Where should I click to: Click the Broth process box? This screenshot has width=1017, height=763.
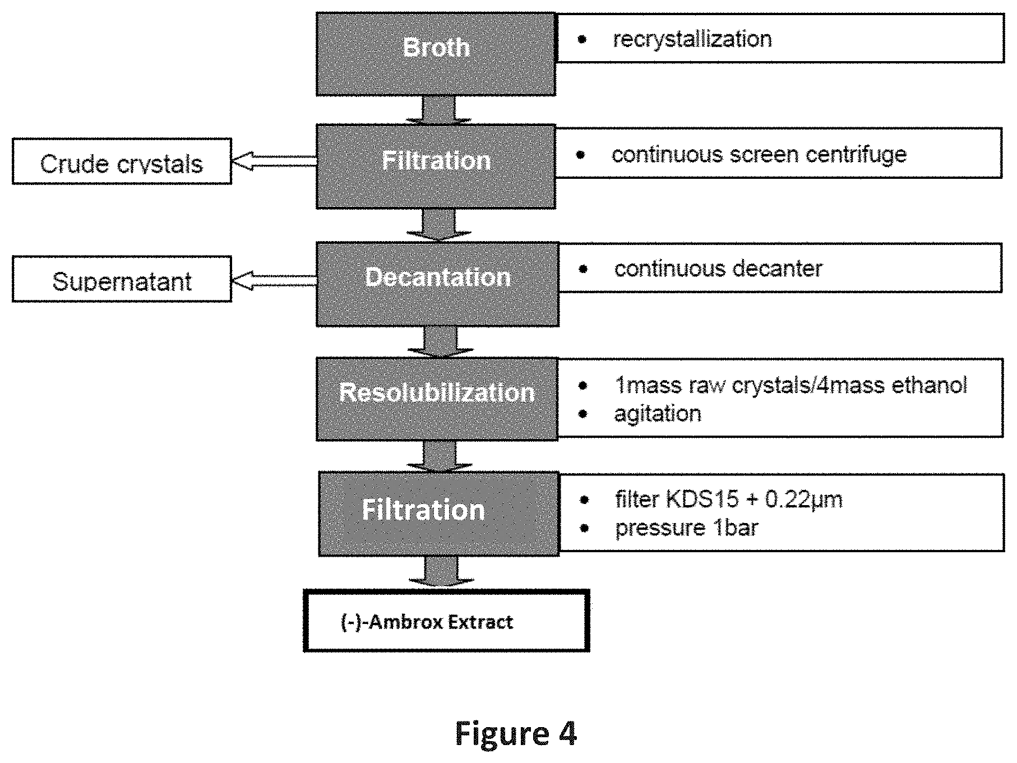(x=436, y=54)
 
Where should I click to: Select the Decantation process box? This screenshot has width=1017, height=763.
(x=437, y=284)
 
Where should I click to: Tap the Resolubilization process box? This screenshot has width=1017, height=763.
(x=437, y=399)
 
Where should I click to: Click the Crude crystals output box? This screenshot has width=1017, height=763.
(x=122, y=161)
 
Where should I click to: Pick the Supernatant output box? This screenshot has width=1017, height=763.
(x=122, y=279)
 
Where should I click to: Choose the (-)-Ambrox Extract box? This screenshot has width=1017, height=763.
(x=446, y=621)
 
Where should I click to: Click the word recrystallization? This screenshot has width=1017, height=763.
(x=692, y=39)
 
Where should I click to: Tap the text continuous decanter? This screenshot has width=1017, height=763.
(x=718, y=269)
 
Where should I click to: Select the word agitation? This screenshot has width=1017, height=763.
(x=658, y=414)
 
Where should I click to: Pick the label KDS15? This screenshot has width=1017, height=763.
(x=702, y=499)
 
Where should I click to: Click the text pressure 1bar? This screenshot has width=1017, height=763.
(x=687, y=528)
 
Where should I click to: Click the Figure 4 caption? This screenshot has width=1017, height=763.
(x=516, y=733)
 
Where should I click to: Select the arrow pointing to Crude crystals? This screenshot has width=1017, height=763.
(x=274, y=161)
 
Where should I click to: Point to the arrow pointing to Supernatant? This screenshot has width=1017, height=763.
(x=274, y=280)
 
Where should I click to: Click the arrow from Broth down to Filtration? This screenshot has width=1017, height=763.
(x=438, y=109)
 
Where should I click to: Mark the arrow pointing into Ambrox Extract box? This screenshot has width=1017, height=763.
(x=441, y=572)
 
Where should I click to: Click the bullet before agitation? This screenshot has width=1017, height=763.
(x=584, y=414)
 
